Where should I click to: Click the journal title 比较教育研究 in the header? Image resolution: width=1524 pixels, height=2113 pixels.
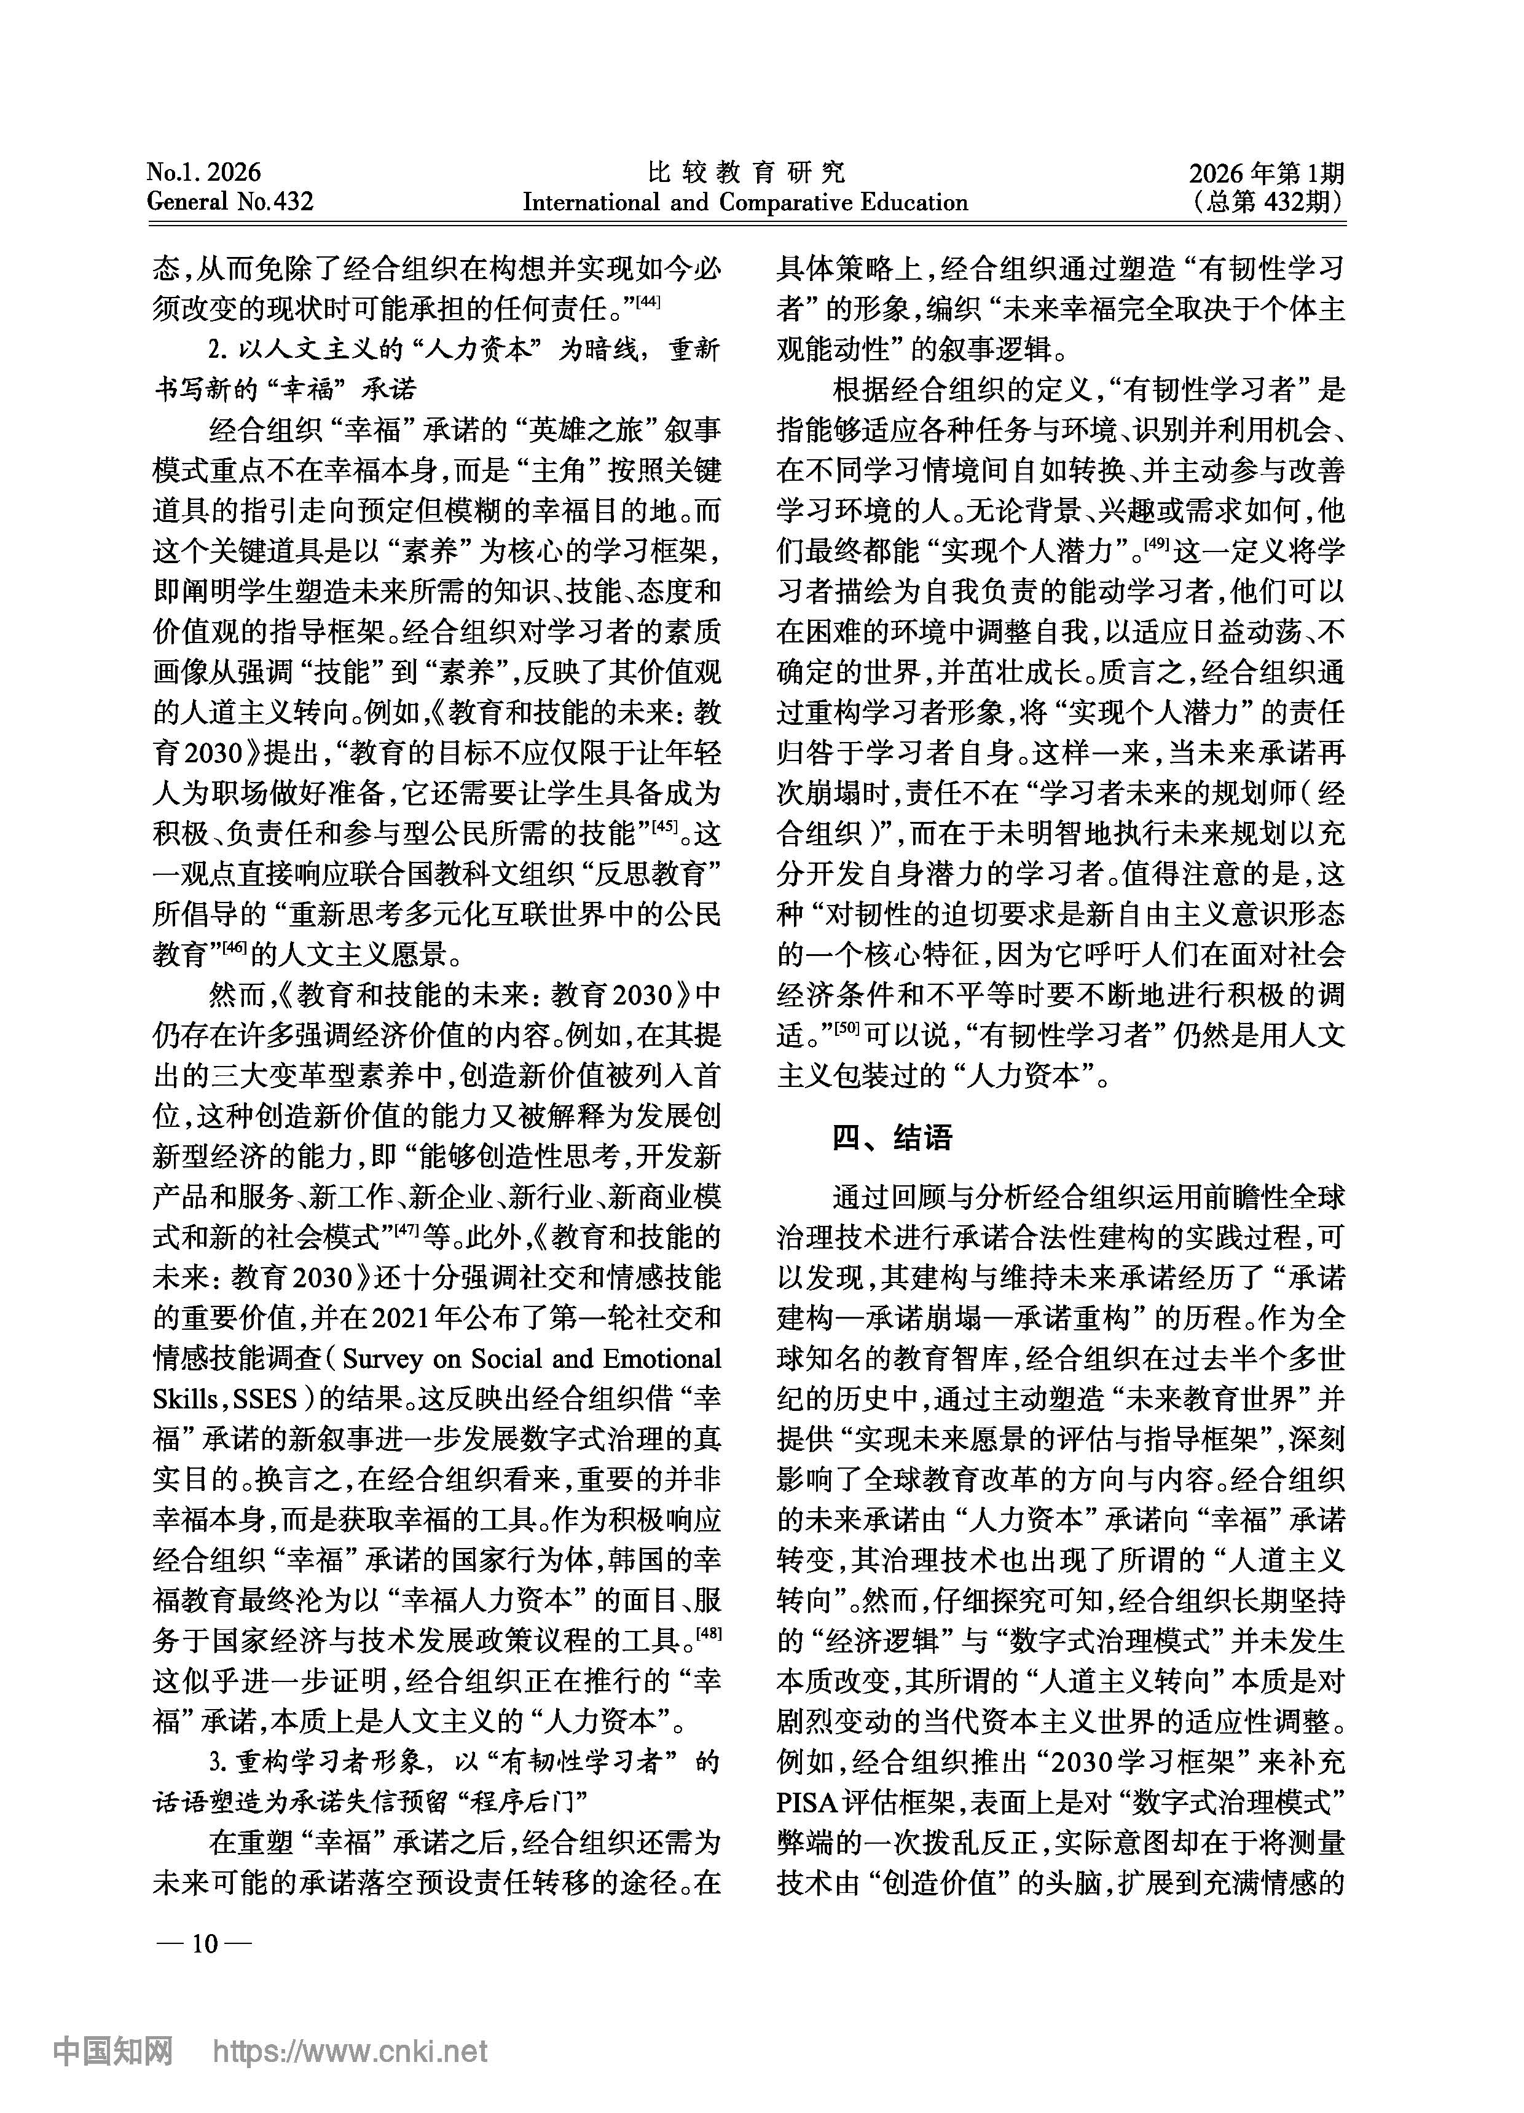(x=745, y=172)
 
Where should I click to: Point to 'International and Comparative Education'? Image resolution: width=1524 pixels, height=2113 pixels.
(x=745, y=202)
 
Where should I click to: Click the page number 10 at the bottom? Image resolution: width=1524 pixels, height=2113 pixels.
(x=204, y=1943)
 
